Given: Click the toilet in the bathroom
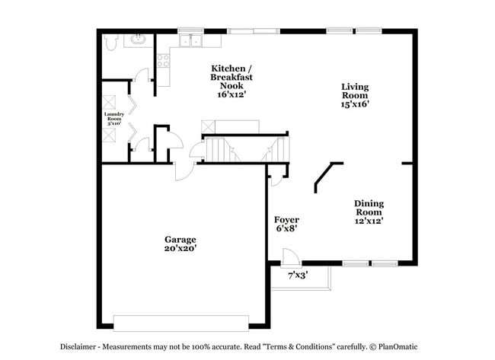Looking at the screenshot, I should [110, 43].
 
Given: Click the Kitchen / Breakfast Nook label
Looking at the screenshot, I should [232, 77].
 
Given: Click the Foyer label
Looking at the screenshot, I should [286, 219].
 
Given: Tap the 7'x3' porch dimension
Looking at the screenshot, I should [298, 276].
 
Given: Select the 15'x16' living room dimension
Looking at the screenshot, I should [355, 104].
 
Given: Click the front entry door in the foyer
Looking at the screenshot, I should [289, 259].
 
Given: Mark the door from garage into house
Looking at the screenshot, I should [184, 172].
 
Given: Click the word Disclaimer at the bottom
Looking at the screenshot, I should [79, 346].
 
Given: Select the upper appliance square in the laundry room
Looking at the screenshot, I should [110, 102].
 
